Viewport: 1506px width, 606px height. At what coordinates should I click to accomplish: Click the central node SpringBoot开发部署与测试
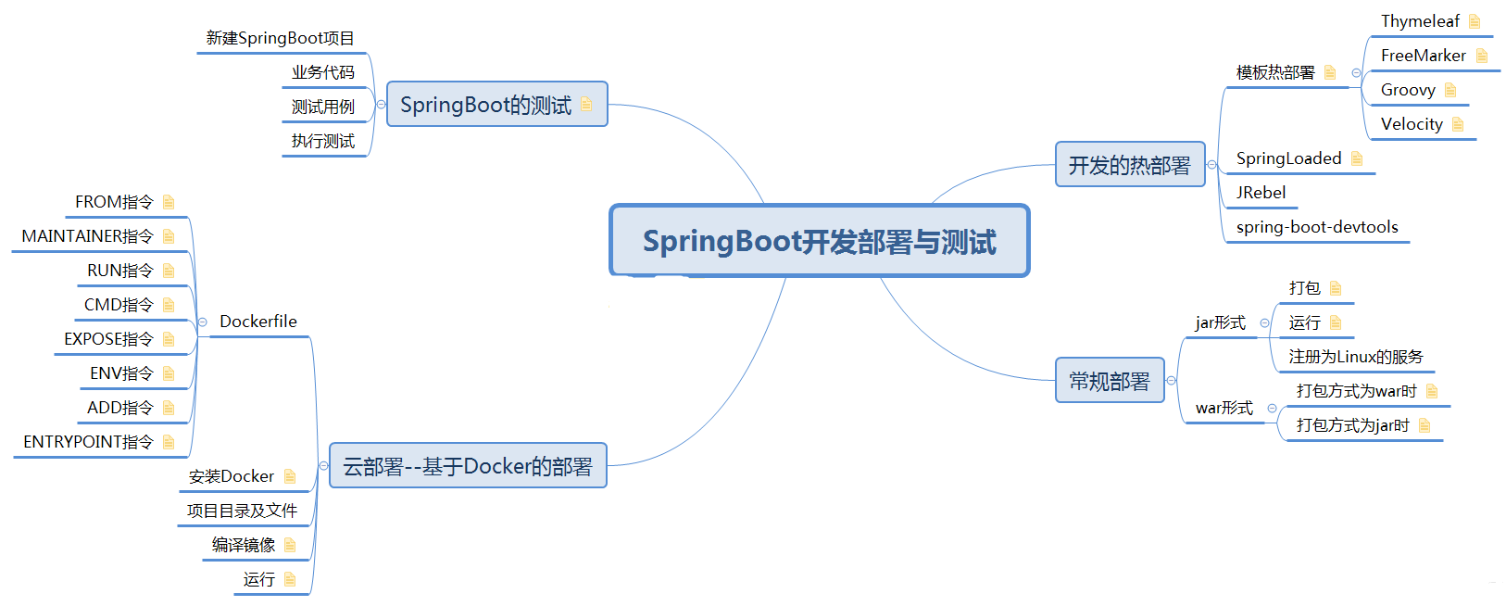pos(819,241)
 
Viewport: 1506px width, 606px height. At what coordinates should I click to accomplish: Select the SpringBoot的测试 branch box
pos(496,105)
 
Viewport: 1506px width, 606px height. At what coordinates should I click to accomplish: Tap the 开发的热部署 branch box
pos(1129,165)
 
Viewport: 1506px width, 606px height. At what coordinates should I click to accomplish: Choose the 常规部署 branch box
pos(1109,381)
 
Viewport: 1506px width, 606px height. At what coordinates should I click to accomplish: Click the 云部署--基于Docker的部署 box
pos(468,466)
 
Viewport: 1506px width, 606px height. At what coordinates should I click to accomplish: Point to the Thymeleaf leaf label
pos(1419,21)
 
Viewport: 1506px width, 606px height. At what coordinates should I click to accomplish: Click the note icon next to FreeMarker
pos(1481,56)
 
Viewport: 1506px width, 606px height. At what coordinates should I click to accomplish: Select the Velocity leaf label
pos(1411,124)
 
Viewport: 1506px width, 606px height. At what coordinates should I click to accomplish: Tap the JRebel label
pos(1261,193)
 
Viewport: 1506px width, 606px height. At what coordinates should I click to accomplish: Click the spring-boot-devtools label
pos(1316,227)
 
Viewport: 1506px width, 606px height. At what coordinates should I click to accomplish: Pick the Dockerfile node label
pos(257,322)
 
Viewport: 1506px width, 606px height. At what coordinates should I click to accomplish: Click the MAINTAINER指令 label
pos(87,236)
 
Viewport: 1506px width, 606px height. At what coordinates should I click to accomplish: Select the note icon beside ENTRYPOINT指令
pos(169,442)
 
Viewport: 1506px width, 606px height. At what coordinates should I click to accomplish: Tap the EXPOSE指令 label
pos(108,339)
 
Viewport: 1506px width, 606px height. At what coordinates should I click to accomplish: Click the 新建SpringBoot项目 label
pos(280,38)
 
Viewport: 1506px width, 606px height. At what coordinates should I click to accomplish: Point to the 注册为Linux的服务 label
pos(1355,357)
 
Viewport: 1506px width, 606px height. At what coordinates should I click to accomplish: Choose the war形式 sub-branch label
pos(1224,408)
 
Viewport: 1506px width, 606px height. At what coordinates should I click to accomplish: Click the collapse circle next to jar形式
pos(1264,323)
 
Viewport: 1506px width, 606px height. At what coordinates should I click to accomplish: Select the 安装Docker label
pos(231,476)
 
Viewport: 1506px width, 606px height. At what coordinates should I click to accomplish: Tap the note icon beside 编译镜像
pos(290,545)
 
